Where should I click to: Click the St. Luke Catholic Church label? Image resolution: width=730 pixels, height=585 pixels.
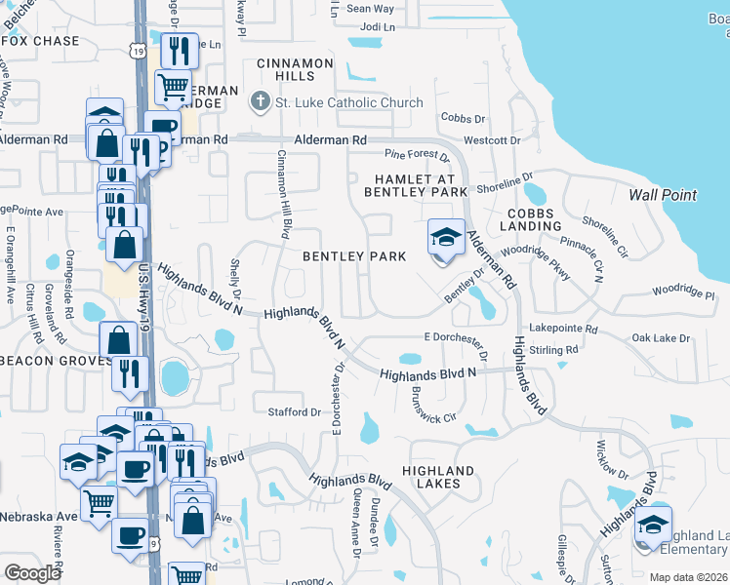point(349,102)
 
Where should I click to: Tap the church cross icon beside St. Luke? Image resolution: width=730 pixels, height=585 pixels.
point(261,101)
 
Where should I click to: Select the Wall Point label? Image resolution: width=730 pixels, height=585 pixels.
point(663,195)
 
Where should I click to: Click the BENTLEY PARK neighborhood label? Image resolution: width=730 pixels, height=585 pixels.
point(353,256)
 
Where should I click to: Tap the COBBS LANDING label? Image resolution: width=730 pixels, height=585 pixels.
point(531,220)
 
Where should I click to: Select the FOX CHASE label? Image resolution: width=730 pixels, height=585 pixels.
point(41,41)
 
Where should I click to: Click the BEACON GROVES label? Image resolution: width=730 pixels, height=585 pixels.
point(47,361)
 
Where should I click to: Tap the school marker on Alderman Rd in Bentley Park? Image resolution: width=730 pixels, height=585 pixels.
point(445,238)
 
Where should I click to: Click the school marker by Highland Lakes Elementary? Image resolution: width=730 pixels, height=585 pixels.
point(653,526)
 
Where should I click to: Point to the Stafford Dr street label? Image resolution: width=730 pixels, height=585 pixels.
point(295,412)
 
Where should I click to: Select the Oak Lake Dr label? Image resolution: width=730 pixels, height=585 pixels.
point(660,338)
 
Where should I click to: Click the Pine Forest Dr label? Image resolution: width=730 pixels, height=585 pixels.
point(416,155)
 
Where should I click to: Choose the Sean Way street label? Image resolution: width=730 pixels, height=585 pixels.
point(370,9)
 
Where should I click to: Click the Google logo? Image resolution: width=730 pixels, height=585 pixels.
point(33,573)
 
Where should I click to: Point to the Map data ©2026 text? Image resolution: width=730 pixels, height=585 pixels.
point(688,577)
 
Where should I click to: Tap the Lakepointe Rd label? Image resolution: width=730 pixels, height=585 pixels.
point(560,330)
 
